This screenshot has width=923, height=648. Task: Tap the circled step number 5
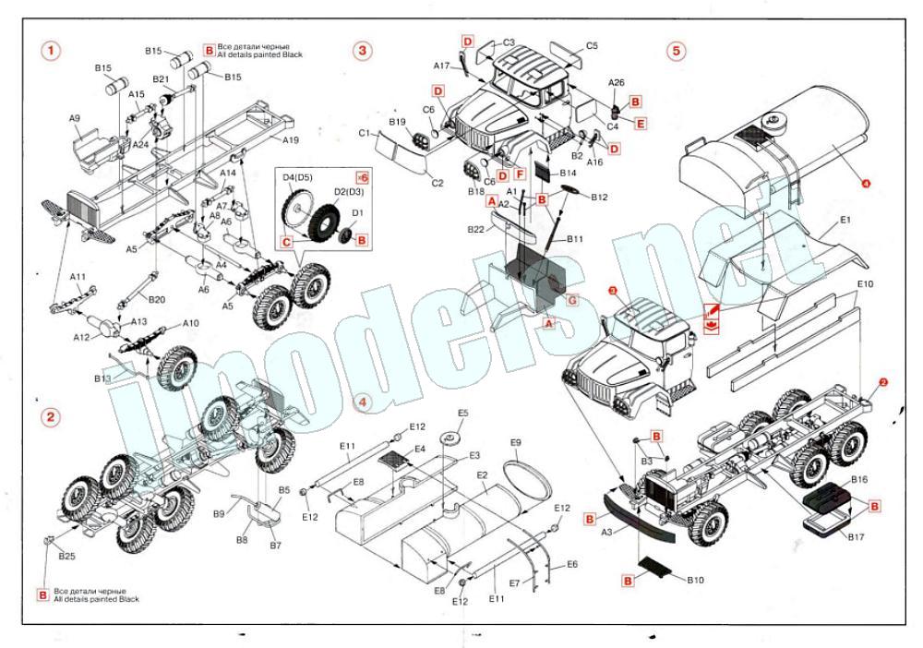(x=677, y=50)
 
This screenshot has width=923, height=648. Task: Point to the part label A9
(x=75, y=119)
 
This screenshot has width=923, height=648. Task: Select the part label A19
(x=291, y=140)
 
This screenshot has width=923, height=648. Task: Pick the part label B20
(x=156, y=299)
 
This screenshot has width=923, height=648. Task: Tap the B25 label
(x=66, y=556)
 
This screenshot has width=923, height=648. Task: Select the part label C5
(x=592, y=45)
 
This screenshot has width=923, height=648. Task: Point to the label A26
(x=616, y=82)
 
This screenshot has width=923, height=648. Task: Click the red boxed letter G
(x=572, y=300)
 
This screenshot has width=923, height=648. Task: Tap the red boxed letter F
(x=521, y=174)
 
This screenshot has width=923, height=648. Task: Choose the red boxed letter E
(x=641, y=122)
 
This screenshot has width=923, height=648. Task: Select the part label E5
(x=463, y=413)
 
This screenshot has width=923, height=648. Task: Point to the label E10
(x=865, y=283)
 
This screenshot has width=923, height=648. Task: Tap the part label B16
(x=859, y=480)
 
